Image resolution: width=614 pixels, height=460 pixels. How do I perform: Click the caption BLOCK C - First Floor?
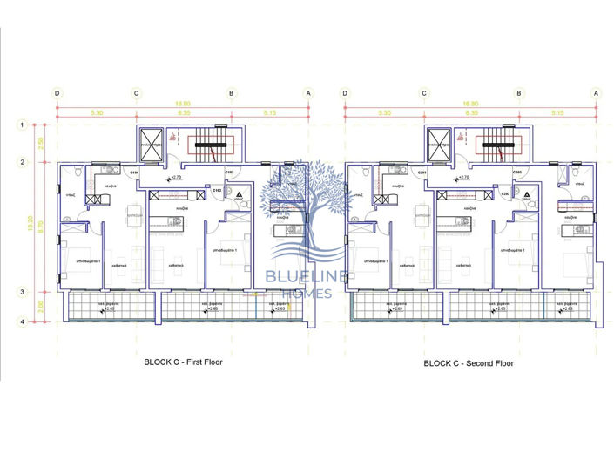[182, 362]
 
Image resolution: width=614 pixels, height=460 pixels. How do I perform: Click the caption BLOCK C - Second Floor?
[469, 362]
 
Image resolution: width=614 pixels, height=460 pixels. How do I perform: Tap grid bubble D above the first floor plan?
[57, 92]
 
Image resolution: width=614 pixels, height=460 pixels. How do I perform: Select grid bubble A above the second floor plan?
[596, 92]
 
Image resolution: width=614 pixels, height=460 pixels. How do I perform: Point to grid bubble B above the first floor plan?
[231, 92]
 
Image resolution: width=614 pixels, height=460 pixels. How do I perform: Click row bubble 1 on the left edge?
[21, 125]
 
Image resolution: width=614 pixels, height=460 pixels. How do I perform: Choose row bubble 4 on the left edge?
[21, 322]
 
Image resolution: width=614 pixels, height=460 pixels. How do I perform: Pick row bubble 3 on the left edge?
[21, 292]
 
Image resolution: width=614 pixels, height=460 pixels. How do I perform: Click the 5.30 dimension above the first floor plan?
[97, 112]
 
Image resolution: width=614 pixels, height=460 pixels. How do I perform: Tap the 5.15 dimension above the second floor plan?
[557, 112]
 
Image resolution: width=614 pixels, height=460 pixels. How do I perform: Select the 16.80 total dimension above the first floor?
[182, 102]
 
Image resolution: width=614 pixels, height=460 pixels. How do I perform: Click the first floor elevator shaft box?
[151, 144]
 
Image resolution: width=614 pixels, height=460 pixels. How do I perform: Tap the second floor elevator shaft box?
[438, 144]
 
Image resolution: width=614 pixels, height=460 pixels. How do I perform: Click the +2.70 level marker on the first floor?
[175, 178]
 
